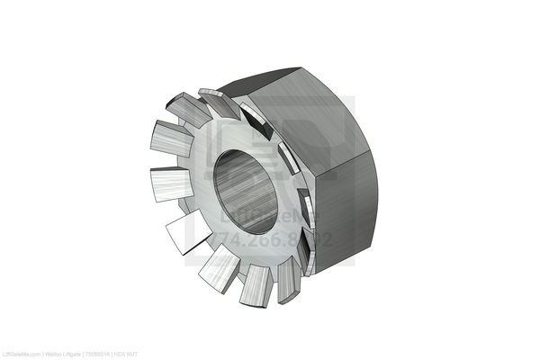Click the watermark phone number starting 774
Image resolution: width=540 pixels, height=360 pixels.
tap(270, 240)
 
